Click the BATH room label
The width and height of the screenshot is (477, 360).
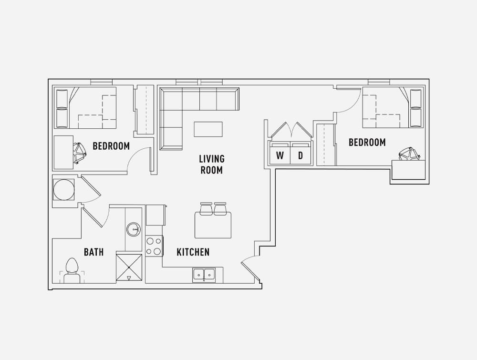coord(93,252)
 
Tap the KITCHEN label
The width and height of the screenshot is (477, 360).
coord(193,252)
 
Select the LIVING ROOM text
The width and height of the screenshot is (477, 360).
coord(212,164)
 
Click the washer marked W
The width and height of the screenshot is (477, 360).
coord(280,154)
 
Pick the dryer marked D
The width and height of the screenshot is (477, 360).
coord(301,154)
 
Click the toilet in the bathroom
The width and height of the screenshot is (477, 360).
coord(72,270)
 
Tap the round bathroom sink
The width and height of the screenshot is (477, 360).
coord(133,229)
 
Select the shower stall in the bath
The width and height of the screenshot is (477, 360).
coord(129,267)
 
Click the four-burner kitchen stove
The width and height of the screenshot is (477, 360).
coord(154,246)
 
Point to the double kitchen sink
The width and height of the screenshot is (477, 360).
coord(204,275)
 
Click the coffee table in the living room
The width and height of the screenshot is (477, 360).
coord(208,129)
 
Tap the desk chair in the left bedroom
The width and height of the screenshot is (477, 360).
coord(80,153)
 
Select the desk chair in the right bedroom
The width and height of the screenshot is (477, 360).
coord(409,154)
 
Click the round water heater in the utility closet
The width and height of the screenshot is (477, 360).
coord(63,190)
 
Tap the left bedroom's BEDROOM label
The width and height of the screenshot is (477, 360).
coord(111,146)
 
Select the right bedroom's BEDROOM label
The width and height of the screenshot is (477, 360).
coord(367,142)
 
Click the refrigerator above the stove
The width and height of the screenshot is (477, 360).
coord(156,215)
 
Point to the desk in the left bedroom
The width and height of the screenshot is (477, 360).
coord(63,152)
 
